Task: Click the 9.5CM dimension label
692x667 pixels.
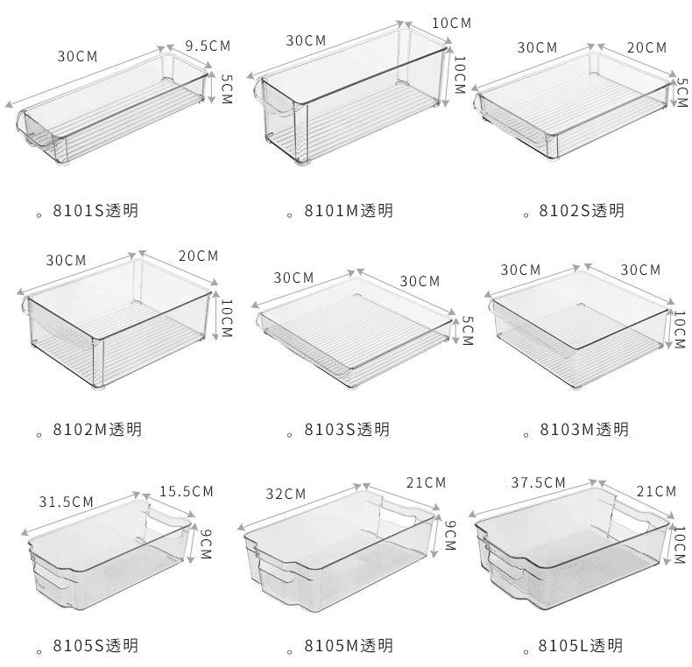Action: pyautogui.click(x=208, y=46)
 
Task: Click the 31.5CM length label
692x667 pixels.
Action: pyautogui.click(x=67, y=502)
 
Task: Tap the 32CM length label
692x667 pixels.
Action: pyautogui.click(x=286, y=494)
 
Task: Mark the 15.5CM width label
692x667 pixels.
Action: pyautogui.click(x=186, y=491)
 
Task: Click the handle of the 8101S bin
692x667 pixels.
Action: pyautogui.click(x=35, y=136)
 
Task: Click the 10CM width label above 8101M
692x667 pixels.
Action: pyautogui.click(x=451, y=22)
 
